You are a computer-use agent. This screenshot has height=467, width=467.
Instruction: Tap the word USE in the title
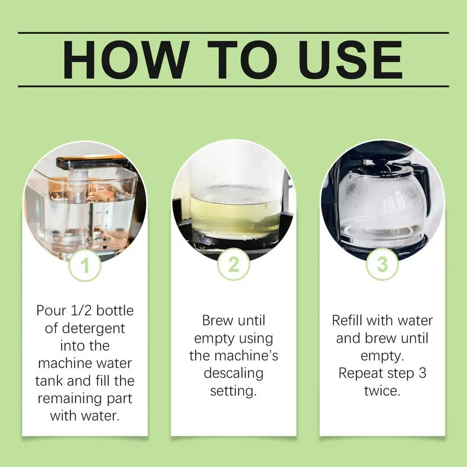click(x=343, y=60)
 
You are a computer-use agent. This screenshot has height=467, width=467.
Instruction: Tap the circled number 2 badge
click(x=233, y=265)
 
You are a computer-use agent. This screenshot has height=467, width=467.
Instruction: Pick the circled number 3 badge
click(x=382, y=265)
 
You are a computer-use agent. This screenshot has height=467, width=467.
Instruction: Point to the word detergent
click(x=85, y=328)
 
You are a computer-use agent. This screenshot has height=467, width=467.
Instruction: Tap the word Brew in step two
click(x=217, y=321)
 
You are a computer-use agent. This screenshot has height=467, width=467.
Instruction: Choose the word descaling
click(x=233, y=374)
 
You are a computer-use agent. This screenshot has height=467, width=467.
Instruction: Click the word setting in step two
click(x=233, y=391)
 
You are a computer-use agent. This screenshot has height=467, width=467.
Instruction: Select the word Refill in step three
click(x=348, y=321)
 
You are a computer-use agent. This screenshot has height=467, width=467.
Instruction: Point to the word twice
click(x=382, y=391)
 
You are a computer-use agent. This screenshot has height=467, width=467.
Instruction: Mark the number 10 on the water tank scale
click(x=109, y=188)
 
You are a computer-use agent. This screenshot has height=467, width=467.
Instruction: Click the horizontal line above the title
click(x=233, y=33)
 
